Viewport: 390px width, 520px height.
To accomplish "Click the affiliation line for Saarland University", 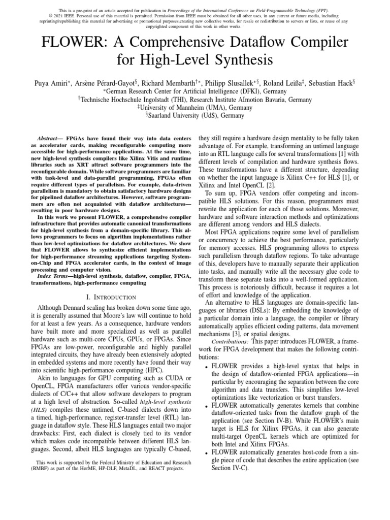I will pyautogui.click(x=195, y=115).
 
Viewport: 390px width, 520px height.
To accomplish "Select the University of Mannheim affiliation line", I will pyautogui.click(x=195, y=107).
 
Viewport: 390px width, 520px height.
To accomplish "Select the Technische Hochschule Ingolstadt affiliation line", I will pyautogui.click(x=195, y=100).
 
